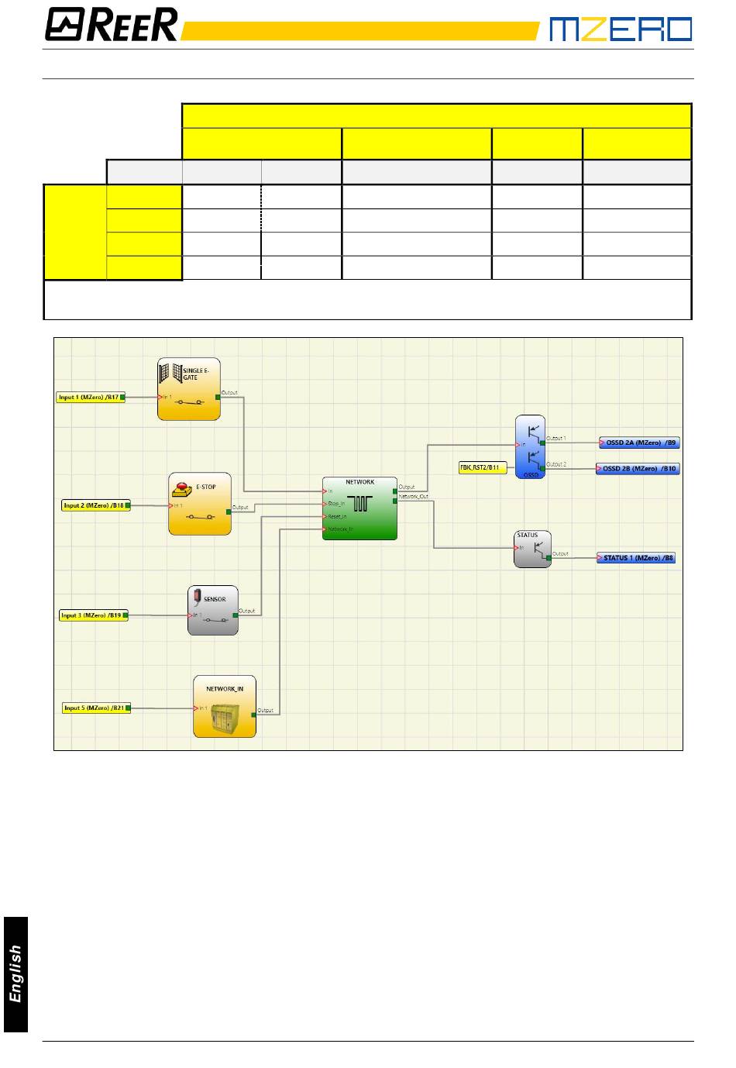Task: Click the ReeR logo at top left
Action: [111, 25]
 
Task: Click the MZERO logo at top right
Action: [620, 29]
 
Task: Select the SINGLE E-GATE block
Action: [189, 389]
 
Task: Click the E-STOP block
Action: [200, 504]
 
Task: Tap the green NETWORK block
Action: [359, 508]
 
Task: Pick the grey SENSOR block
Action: [213, 611]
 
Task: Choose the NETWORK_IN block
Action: [224, 707]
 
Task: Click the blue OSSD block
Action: [531, 447]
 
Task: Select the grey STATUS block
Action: [532, 550]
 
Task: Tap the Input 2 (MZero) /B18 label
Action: [95, 505]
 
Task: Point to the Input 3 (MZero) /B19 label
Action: [93, 615]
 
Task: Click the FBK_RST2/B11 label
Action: [482, 468]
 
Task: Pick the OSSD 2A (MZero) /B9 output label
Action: [640, 443]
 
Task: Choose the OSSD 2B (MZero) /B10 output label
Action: [638, 469]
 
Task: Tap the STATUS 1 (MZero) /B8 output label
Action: [637, 557]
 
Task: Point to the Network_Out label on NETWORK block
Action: [413, 497]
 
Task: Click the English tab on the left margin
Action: [15, 973]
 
